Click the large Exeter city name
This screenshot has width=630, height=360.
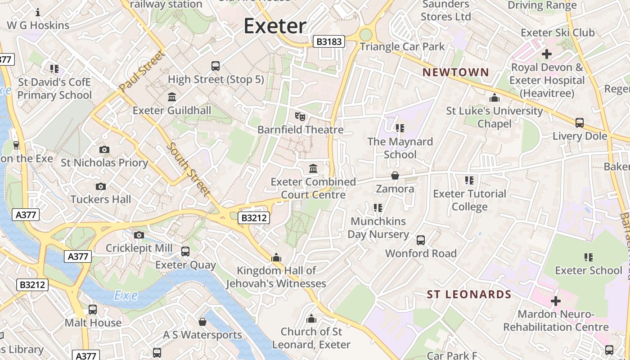[x=275, y=26]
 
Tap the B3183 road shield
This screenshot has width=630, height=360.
[x=329, y=42]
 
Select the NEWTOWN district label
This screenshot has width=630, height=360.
[x=455, y=72]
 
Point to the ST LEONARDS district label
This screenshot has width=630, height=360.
[x=469, y=295]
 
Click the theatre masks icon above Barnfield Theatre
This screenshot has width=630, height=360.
[x=300, y=117]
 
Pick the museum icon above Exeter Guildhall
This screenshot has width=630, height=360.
[x=171, y=97]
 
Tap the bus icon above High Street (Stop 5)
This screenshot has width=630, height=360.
[x=216, y=66]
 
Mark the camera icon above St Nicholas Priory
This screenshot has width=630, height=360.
[x=104, y=149]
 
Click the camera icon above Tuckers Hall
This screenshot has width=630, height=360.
[x=101, y=186]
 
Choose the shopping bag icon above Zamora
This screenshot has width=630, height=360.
[x=395, y=175]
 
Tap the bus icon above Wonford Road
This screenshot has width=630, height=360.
[x=421, y=240]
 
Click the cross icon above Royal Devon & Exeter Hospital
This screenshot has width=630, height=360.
[x=546, y=54]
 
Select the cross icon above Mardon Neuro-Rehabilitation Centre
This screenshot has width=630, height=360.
[x=556, y=301]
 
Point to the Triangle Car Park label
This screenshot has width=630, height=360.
[x=402, y=47]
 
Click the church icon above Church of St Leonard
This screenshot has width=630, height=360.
[x=311, y=319]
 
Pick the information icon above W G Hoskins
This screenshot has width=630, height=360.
[x=38, y=12]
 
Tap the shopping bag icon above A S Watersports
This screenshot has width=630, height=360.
[x=202, y=322]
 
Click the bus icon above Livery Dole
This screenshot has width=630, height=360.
[x=580, y=122]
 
